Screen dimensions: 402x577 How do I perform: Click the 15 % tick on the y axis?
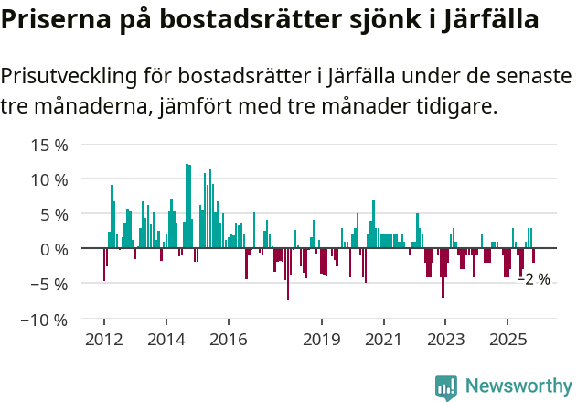[49, 145]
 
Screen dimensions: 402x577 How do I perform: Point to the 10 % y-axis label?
[49, 179]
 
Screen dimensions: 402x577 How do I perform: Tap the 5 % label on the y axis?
[54, 214]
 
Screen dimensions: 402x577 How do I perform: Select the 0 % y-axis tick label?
[54, 249]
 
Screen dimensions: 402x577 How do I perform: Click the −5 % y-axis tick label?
[48, 284]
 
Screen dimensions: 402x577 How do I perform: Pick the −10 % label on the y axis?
[45, 320]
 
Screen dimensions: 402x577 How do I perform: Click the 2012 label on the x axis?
[103, 339]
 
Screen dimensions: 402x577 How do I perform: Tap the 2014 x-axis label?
[166, 339]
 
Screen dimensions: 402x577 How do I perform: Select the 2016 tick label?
[228, 339]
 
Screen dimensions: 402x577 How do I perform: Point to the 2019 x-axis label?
[321, 339]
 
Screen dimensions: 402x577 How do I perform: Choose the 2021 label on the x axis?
[383, 339]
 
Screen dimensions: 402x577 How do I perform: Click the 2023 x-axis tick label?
[445, 339]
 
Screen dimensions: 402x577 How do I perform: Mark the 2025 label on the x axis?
[508, 339]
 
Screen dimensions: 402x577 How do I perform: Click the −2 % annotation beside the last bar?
[534, 279]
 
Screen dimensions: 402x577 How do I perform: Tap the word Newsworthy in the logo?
[518, 386]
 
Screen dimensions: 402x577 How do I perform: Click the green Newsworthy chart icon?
[446, 386]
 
